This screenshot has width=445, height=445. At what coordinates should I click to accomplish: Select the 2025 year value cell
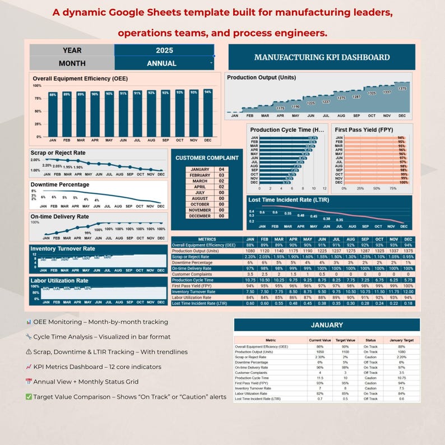[x=164, y=50]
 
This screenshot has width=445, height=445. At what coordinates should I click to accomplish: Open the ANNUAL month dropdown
[x=164, y=63]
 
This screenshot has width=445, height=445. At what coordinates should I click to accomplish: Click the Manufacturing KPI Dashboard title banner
[x=322, y=57]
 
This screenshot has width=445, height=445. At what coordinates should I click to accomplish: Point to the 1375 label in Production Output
[x=402, y=89]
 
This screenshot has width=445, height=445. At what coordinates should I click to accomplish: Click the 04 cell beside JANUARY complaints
[x=221, y=169]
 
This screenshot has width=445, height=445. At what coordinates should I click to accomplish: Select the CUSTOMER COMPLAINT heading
[x=207, y=157]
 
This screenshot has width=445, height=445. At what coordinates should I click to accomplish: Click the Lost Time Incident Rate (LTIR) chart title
[x=288, y=200]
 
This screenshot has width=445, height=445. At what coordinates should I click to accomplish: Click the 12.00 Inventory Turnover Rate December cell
[x=408, y=291]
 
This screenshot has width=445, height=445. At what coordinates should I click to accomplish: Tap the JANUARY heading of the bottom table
[x=326, y=325]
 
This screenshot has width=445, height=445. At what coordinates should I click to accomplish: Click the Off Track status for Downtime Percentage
[x=370, y=363]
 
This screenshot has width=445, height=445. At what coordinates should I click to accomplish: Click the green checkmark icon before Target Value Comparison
[x=28, y=397]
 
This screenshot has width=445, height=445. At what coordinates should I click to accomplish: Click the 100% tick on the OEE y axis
[x=37, y=86]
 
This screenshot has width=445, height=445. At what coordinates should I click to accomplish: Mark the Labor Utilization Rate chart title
[x=59, y=281]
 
